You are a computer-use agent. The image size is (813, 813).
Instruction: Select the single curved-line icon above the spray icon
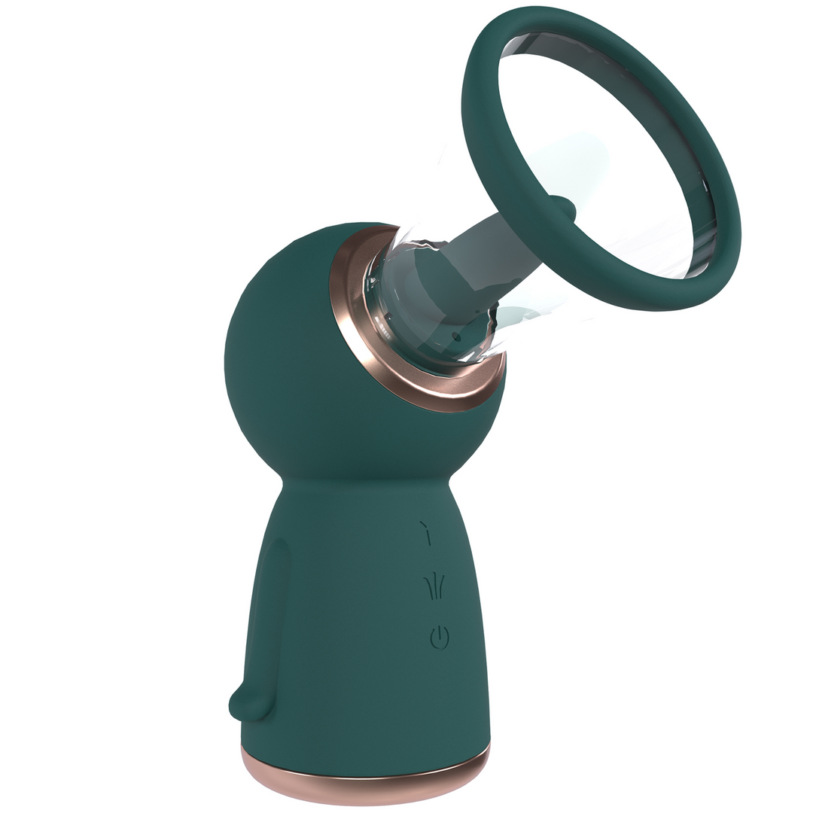(x=427, y=533)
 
